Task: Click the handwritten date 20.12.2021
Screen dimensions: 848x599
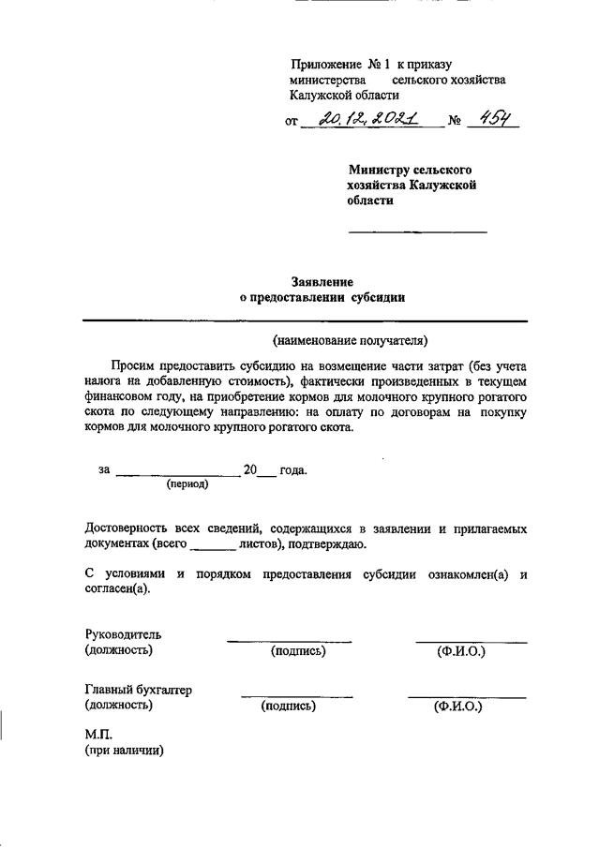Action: point(367,119)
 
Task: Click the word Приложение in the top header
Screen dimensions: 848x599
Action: point(325,65)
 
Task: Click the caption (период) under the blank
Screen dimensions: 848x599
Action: point(187,484)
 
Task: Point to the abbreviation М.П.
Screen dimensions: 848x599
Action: point(98,734)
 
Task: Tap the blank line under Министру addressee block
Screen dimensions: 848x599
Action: point(418,231)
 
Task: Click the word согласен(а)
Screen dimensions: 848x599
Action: point(117,588)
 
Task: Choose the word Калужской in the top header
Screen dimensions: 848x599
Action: point(325,96)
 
